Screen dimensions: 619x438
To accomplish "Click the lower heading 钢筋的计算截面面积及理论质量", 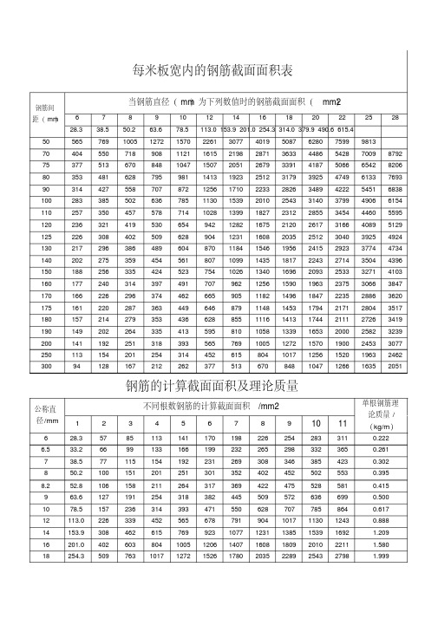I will (218, 383).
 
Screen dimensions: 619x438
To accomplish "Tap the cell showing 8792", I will (396, 153).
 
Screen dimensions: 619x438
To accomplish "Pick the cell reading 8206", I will (396, 165).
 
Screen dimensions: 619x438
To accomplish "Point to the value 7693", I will (396, 177).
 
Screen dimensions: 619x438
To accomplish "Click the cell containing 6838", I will (396, 189).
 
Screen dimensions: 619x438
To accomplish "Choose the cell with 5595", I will (396, 212).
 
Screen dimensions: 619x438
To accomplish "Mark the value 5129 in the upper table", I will (396, 225).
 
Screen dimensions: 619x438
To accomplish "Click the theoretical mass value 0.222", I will (380, 438).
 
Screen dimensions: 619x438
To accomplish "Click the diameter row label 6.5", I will (44, 449).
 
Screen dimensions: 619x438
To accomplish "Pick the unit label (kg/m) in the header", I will (380, 427).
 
